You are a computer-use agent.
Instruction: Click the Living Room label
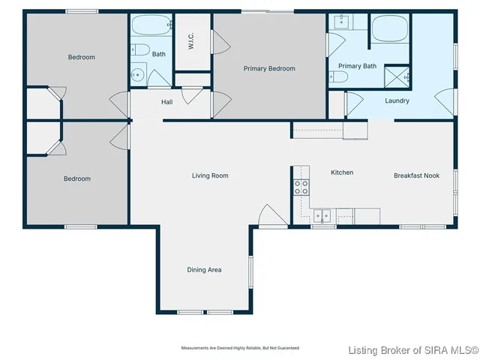[210, 176]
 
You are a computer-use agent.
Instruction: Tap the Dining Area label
[204, 270]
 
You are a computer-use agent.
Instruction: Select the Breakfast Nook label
[416, 175]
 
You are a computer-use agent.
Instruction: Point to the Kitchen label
[342, 172]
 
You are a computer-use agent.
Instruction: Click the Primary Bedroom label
[269, 69]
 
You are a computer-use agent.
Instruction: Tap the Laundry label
[397, 100]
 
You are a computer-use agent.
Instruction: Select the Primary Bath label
[357, 66]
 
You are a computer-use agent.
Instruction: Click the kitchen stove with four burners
[301, 187]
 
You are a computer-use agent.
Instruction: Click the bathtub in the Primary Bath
[389, 29]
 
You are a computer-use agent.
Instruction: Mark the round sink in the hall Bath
[137, 75]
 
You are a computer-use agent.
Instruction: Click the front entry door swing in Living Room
[271, 215]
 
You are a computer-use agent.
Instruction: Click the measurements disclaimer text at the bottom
[240, 348]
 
